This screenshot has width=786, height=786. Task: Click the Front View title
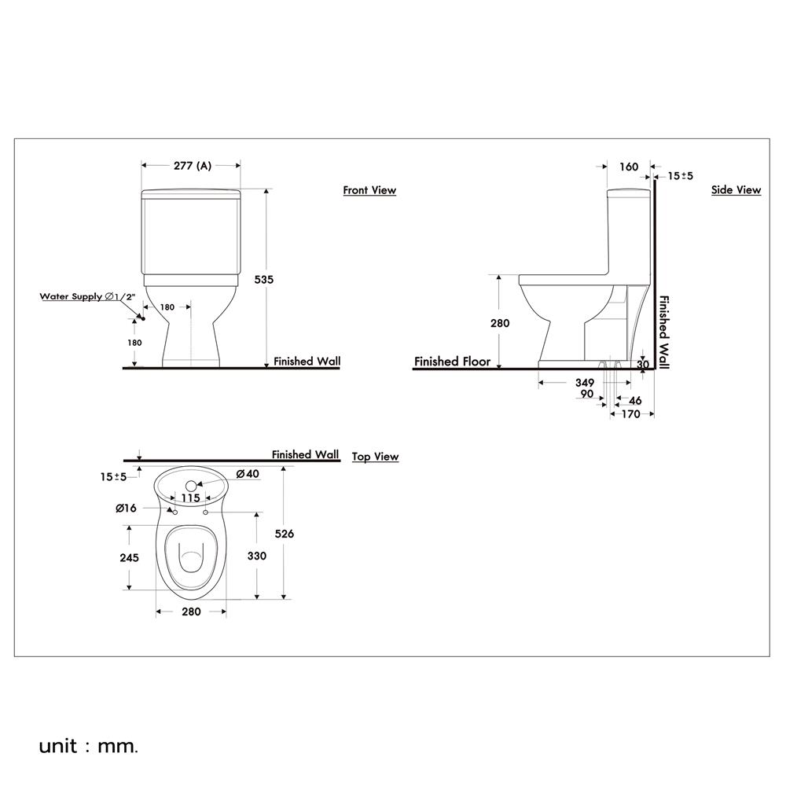click(369, 190)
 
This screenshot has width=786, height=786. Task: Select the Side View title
click(736, 190)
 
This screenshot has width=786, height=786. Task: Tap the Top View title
click(375, 457)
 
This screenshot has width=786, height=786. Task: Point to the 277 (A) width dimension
click(192, 166)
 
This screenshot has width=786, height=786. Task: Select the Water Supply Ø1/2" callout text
click(89, 296)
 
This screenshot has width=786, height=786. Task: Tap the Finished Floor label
click(452, 362)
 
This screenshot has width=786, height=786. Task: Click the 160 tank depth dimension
click(629, 167)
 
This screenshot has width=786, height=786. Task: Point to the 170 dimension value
click(630, 414)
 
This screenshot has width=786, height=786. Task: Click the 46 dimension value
click(635, 401)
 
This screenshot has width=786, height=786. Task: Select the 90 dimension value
click(586, 395)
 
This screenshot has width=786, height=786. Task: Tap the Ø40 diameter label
click(248, 474)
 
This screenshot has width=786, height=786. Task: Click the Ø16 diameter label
click(126, 509)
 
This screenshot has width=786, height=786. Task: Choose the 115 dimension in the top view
click(190, 498)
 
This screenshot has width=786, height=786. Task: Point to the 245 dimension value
click(129, 557)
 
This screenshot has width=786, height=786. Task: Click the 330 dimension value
click(256, 556)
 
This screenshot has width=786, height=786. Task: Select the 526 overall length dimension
click(284, 534)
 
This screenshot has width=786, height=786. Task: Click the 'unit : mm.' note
click(88, 745)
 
